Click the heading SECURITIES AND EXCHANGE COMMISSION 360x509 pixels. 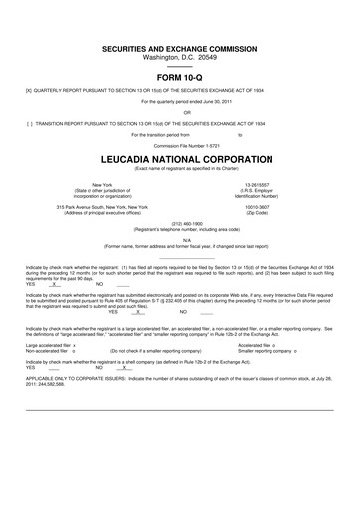pyautogui.click(x=180, y=49)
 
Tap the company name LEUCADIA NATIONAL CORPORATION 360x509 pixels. pyautogui.click(x=180, y=159)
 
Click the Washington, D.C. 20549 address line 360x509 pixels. pyautogui.click(x=180, y=58)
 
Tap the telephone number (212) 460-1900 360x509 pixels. pyautogui.click(x=180, y=224)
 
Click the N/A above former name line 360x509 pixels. pyautogui.click(x=180, y=240)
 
